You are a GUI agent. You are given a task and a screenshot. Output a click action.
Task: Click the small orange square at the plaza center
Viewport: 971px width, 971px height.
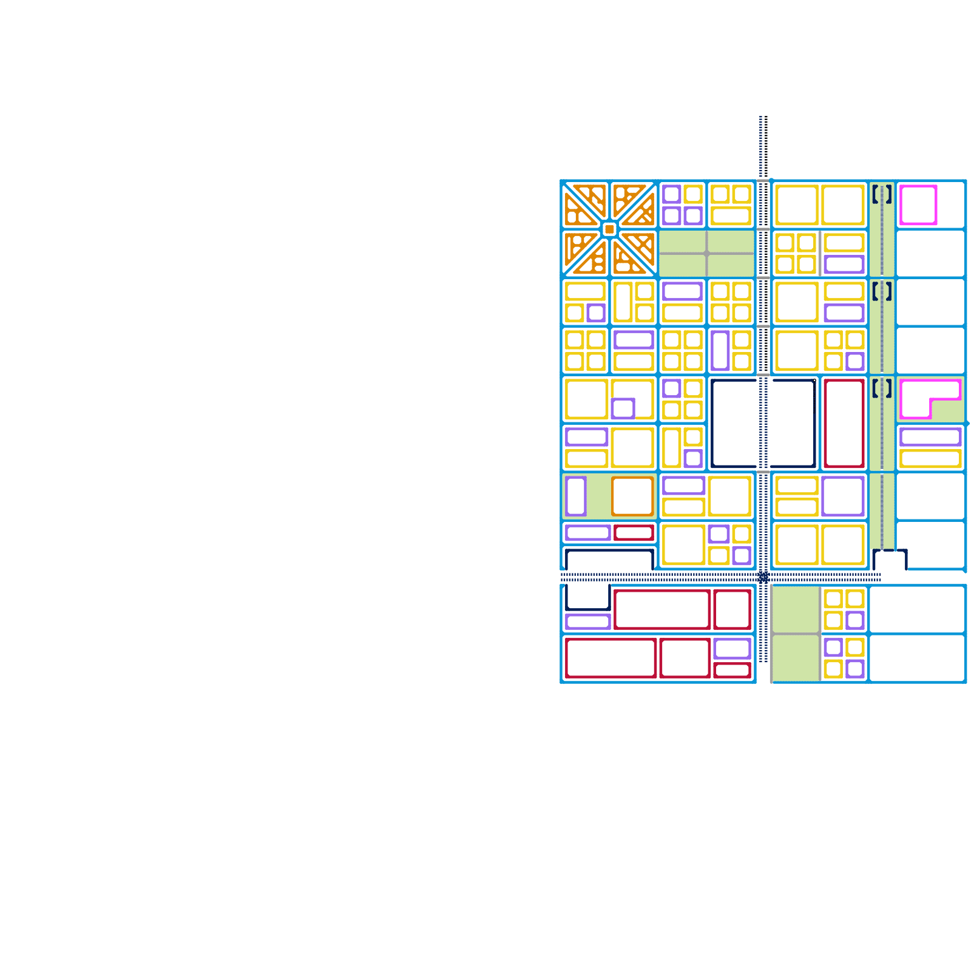pos(610,229)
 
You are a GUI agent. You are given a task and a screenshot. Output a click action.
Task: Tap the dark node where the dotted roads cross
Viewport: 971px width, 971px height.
pos(763,577)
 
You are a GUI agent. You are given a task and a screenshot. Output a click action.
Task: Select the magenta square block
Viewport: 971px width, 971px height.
pos(918,205)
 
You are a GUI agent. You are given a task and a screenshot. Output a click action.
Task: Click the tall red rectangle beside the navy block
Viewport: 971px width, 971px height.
pos(844,424)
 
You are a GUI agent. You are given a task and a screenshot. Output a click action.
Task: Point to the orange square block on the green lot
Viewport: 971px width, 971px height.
pos(632,496)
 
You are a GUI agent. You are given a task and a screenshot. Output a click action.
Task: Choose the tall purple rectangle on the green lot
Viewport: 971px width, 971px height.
pos(575,496)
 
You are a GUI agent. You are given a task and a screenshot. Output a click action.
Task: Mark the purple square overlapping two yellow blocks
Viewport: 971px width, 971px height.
pos(623,408)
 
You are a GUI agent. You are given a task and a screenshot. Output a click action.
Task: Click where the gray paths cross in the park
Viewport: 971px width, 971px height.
pos(706,253)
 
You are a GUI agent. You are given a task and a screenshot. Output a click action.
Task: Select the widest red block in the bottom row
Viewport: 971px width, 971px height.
pos(610,658)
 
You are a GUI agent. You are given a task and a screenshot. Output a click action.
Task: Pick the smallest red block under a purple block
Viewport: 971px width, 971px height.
pos(732,670)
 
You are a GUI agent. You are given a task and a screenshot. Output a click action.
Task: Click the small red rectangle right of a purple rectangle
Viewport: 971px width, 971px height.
pos(634,533)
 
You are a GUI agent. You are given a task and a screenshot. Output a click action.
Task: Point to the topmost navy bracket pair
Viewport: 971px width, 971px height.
pos(882,194)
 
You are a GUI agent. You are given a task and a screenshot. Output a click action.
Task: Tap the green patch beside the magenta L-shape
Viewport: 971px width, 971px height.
pos(948,411)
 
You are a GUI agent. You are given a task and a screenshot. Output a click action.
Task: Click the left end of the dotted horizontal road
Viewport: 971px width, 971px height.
pos(563,577)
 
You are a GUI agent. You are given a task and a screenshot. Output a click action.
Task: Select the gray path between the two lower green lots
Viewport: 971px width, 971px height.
pos(796,634)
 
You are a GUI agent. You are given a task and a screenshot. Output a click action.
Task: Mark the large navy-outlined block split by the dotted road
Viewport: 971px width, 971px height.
pos(763,424)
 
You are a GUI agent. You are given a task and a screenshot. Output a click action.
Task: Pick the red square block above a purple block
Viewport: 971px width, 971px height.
pos(732,609)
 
